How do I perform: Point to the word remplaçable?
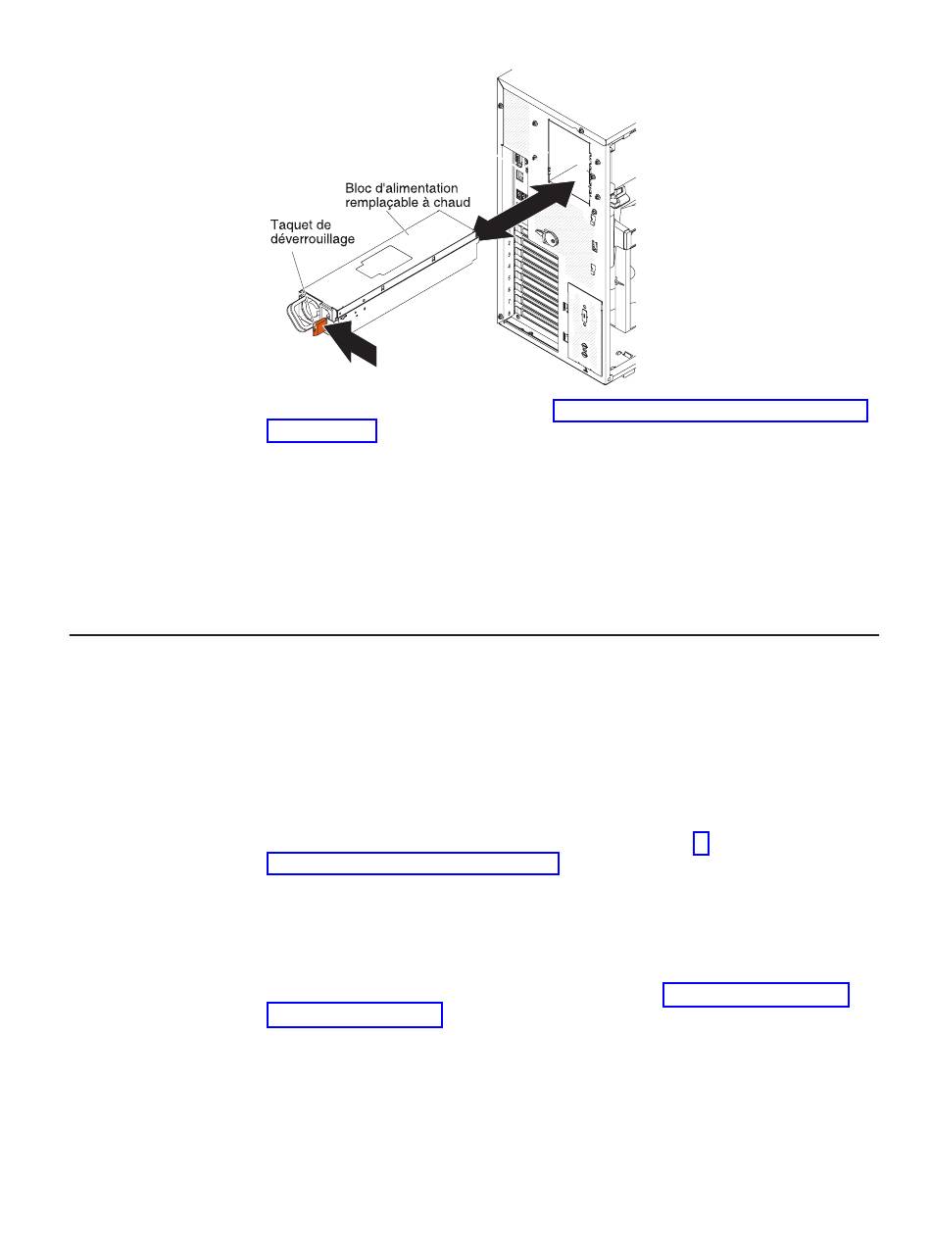point(379,203)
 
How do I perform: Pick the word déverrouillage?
point(313,239)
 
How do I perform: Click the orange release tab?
point(318,328)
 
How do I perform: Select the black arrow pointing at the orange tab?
point(353,344)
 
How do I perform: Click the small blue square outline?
point(701,843)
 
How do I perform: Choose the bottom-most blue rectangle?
point(355,1014)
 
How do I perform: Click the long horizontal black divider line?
point(473,635)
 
